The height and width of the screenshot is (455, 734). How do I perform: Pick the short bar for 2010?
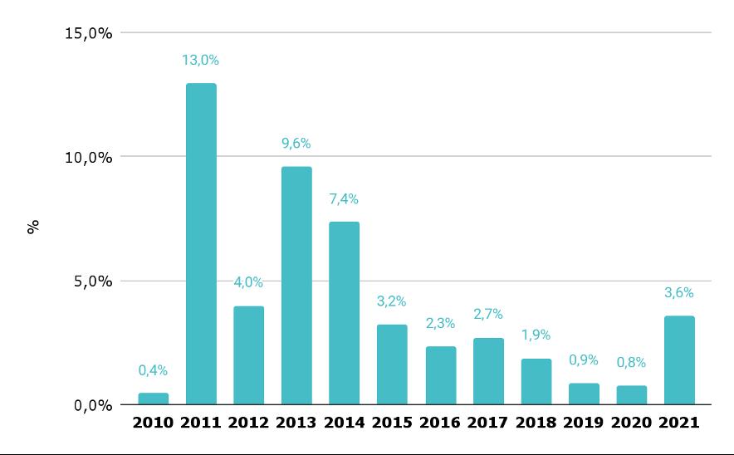click(x=153, y=399)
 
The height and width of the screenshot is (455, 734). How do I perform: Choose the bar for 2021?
click(x=679, y=360)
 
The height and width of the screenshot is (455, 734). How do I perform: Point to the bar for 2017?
click(x=488, y=370)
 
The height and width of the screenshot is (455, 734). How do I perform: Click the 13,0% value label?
click(x=201, y=60)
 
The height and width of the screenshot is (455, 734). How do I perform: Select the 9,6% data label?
click(x=296, y=144)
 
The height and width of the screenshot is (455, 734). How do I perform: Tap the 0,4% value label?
click(x=153, y=370)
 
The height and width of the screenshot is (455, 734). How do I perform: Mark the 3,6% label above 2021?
click(x=679, y=292)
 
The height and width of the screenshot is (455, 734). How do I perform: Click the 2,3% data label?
click(x=440, y=324)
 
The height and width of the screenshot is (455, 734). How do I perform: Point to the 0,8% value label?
click(x=631, y=363)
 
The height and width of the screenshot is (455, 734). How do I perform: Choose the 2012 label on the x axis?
click(x=248, y=423)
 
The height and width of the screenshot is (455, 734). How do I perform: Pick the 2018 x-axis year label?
click(x=536, y=423)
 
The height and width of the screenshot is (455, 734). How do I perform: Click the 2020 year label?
click(x=631, y=423)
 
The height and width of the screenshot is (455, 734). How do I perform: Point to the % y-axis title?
click(x=34, y=226)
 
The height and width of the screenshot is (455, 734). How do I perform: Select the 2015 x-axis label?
click(x=392, y=423)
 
